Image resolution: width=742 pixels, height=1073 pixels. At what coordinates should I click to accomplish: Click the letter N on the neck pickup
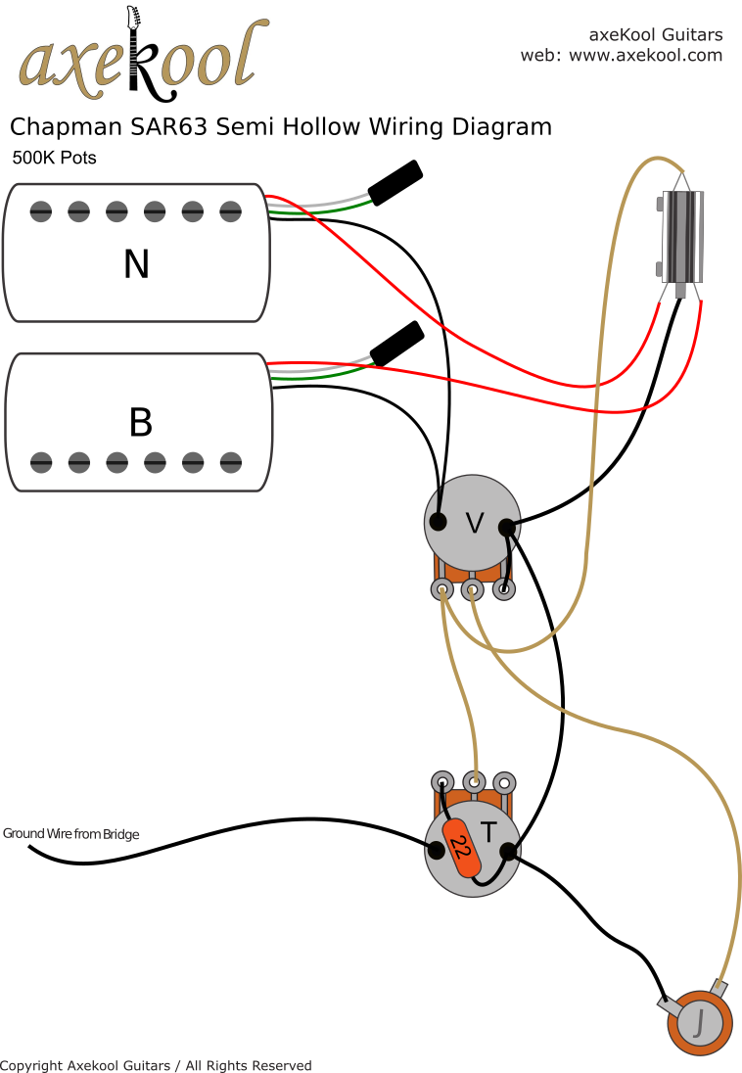click(x=136, y=263)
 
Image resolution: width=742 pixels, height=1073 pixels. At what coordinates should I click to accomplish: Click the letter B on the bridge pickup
click(x=140, y=422)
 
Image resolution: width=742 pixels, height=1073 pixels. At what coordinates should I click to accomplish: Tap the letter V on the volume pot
click(x=474, y=524)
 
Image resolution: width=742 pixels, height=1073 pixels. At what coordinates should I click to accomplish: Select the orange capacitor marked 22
click(x=461, y=849)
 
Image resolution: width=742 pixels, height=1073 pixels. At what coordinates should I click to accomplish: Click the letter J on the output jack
click(x=699, y=1023)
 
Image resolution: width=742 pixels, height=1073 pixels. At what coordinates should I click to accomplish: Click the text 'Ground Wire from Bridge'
click(x=71, y=834)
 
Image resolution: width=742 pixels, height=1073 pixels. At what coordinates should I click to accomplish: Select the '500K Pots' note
click(x=54, y=158)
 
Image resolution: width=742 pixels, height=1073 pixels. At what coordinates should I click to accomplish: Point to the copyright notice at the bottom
click(x=157, y=1065)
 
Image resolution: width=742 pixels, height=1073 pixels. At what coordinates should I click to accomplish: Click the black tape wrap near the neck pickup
click(x=395, y=182)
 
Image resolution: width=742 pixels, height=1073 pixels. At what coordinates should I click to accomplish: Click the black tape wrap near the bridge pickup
click(x=396, y=344)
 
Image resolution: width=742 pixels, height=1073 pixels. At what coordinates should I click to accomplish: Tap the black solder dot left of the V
click(x=439, y=521)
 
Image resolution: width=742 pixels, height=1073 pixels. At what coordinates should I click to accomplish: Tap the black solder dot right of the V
click(x=507, y=528)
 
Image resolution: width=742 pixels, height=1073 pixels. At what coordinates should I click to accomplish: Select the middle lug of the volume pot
click(x=473, y=589)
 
